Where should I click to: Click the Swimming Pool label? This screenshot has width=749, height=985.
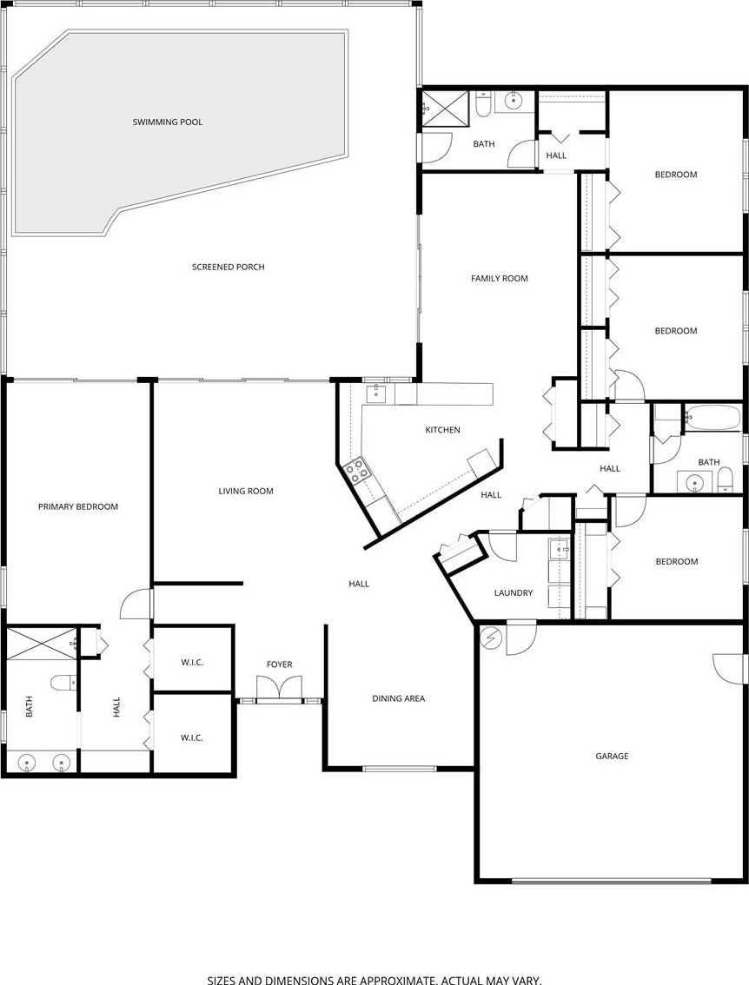168,122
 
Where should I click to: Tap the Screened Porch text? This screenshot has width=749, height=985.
229,267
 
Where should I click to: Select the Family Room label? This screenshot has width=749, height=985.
500,278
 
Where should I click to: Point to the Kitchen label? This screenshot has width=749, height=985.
443,430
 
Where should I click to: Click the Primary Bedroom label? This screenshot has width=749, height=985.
78,506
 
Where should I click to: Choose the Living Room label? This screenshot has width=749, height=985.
246,492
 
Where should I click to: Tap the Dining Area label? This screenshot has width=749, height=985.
398,697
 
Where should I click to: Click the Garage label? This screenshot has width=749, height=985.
612,757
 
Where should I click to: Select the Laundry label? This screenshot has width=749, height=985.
514,592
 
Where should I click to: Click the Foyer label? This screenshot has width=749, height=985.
280,664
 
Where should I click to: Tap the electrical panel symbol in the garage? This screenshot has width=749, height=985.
492,638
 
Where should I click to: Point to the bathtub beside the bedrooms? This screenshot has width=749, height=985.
714,417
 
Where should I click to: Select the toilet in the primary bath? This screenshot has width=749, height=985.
63,682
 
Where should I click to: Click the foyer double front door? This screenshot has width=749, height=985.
280,687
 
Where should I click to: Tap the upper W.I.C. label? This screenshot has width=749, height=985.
192,662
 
